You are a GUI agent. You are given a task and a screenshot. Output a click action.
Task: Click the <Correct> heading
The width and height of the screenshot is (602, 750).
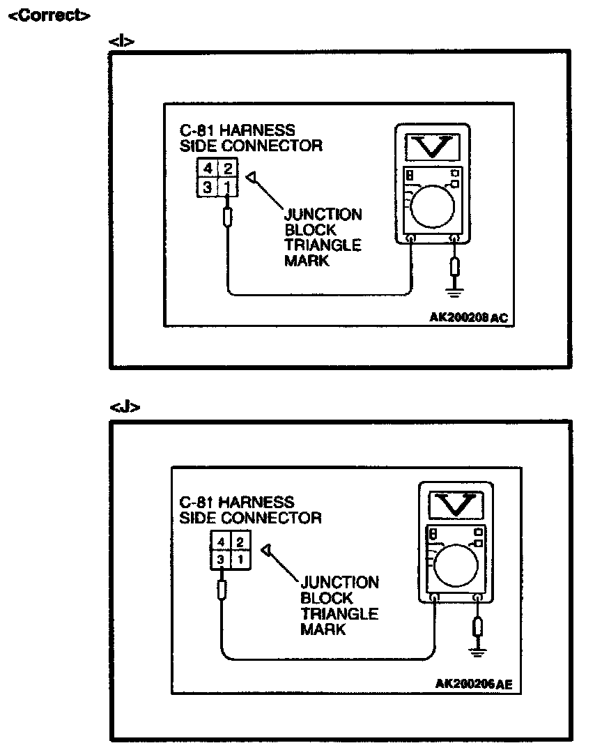[48, 15]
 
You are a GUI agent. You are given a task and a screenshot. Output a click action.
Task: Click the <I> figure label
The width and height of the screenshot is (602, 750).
[121, 42]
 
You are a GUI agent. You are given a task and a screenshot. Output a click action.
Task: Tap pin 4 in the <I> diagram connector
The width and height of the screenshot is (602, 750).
[208, 169]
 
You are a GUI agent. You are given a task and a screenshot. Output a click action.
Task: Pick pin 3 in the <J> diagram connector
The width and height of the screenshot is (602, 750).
[220, 559]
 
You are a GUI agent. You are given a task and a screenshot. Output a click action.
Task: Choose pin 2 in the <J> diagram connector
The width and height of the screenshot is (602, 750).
[239, 542]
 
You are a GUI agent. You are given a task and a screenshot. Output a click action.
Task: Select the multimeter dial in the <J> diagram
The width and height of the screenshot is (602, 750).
[454, 564]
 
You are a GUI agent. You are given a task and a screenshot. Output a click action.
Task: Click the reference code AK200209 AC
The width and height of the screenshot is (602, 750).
[469, 318]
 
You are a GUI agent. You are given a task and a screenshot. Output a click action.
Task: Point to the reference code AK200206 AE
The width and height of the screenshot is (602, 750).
[474, 684]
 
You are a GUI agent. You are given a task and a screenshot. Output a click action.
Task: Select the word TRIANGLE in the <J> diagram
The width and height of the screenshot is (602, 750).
[339, 614]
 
